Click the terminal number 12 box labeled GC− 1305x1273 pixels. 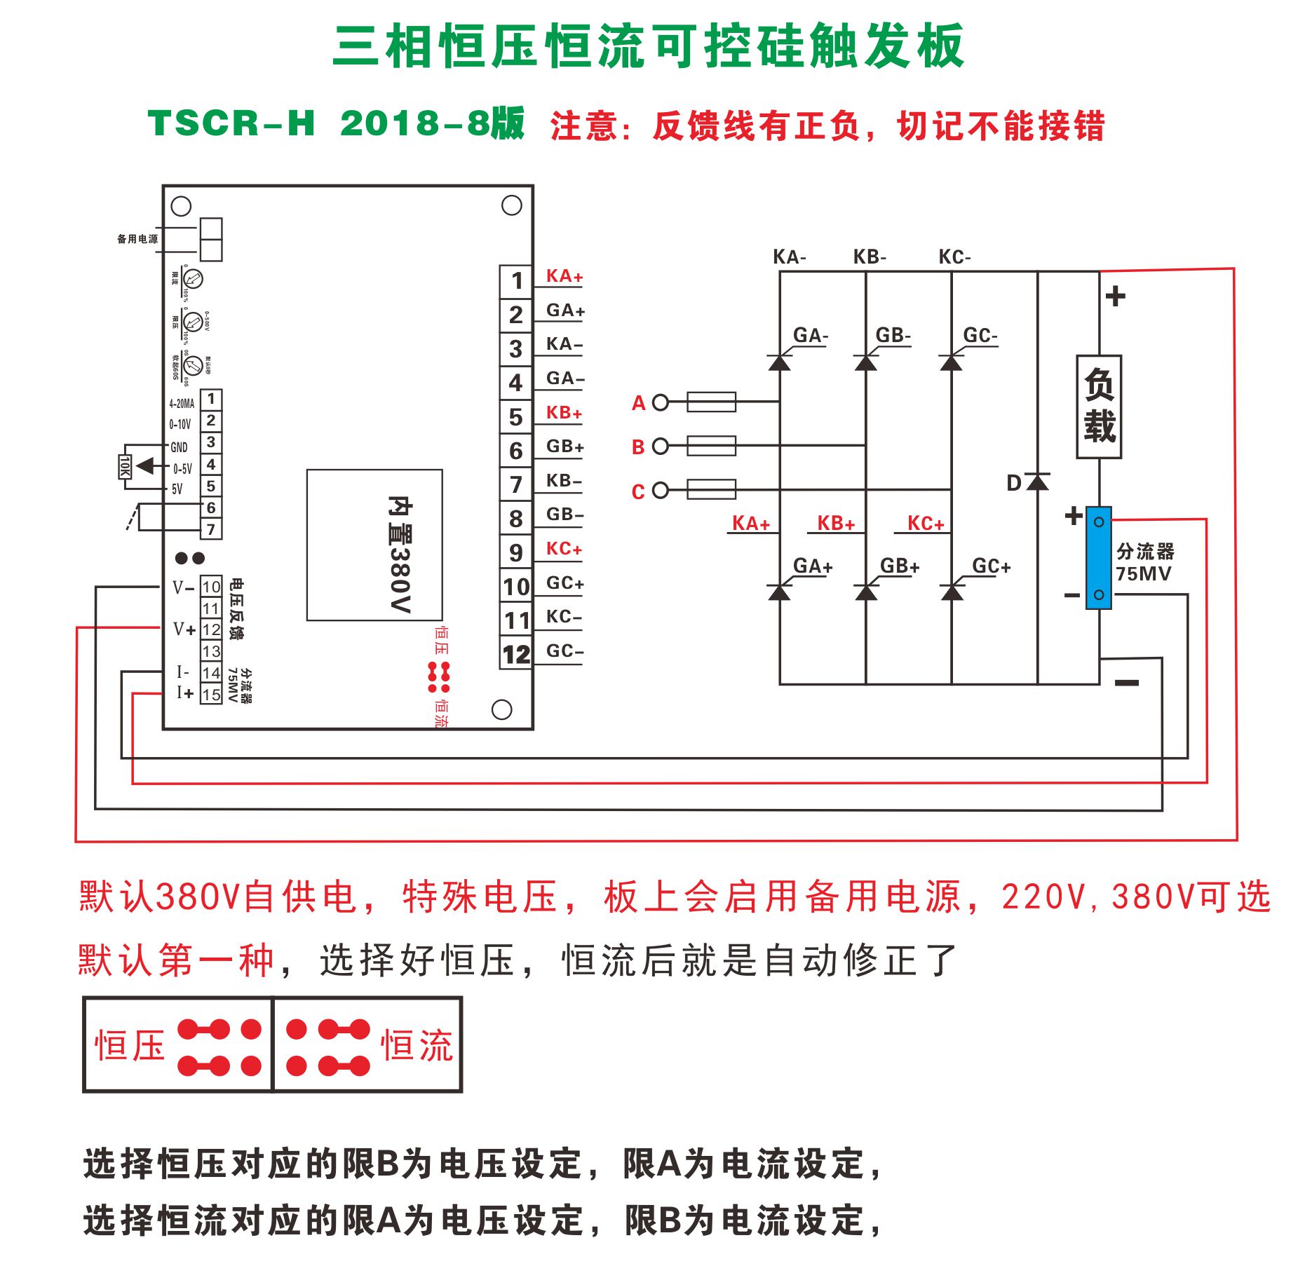click(516, 654)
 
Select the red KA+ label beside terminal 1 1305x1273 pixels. click(564, 276)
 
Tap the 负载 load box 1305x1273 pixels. click(1099, 407)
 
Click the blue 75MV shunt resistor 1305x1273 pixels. click(1099, 558)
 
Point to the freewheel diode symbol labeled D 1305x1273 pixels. click(1038, 482)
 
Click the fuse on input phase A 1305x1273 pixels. click(711, 402)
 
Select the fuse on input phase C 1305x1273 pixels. click(711, 489)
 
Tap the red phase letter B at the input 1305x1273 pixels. click(638, 447)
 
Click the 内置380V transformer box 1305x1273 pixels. click(374, 545)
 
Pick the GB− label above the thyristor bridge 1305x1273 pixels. click(893, 335)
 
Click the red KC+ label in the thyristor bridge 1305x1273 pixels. click(926, 523)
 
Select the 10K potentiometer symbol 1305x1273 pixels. click(124, 466)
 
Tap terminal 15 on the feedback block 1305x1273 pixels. click(211, 695)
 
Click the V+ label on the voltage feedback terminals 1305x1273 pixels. click(184, 629)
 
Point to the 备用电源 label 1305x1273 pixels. click(137, 239)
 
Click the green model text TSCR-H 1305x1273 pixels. click(231, 123)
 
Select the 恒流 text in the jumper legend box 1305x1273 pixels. click(417, 1046)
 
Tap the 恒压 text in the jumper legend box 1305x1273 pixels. click(130, 1046)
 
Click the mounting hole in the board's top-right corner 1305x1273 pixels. click(512, 205)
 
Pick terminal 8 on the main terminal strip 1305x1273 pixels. click(516, 518)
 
